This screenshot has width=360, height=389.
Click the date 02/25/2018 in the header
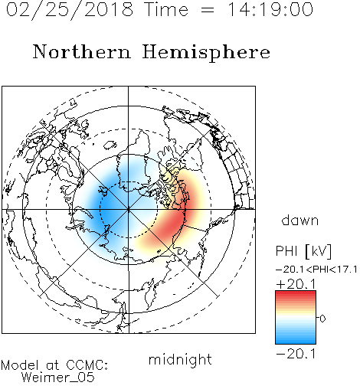(70, 10)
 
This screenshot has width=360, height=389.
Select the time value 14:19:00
(270, 10)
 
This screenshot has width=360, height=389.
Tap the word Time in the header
(166, 10)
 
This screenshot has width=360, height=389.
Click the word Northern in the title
(82, 51)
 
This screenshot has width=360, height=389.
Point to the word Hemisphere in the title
(206, 53)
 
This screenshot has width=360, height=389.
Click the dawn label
(300, 220)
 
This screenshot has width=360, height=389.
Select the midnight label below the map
(180, 359)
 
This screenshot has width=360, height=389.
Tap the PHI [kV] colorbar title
(303, 251)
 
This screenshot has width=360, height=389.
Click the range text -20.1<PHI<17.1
(316, 270)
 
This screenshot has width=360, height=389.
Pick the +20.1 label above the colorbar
(296, 284)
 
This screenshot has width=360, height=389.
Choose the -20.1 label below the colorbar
(296, 354)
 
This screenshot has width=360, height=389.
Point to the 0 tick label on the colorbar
(322, 319)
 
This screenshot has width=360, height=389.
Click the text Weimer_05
(58, 378)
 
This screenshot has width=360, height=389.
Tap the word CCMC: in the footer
(87, 365)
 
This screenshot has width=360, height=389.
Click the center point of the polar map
(129, 210)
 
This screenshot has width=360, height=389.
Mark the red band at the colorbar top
(296, 294)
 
